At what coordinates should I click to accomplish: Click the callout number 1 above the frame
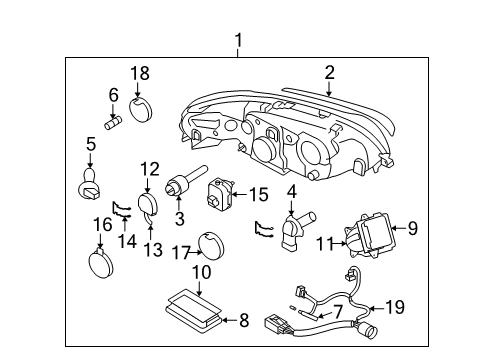tap(238, 41)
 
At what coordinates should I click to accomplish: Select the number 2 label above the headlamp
tap(329, 73)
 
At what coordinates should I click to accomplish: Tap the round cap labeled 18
tap(140, 109)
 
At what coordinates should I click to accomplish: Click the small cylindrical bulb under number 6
tap(113, 123)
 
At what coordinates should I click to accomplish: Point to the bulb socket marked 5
tap(89, 184)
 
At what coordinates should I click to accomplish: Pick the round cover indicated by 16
tap(101, 263)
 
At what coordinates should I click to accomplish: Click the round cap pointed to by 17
tap(211, 246)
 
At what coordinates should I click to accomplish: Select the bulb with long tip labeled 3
tap(185, 181)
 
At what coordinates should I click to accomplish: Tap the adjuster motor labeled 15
tap(220, 194)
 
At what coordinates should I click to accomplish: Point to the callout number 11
tap(324, 244)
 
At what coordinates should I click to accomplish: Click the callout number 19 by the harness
tap(395, 307)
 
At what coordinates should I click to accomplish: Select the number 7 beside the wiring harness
tap(338, 312)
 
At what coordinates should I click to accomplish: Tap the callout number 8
tap(244, 320)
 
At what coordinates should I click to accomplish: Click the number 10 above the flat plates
tap(202, 272)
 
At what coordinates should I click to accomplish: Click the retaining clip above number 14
tap(121, 209)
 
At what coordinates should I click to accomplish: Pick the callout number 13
tap(153, 250)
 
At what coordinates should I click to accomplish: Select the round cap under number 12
tap(148, 204)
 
